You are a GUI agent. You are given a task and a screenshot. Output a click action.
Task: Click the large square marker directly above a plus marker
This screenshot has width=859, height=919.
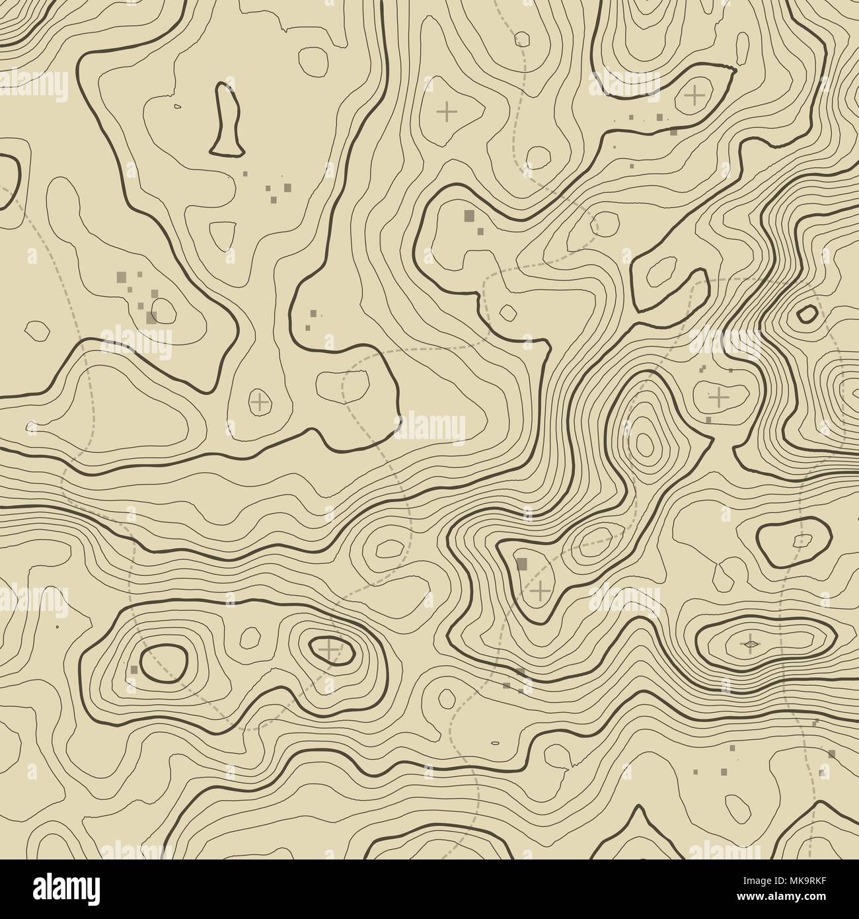coord(522,563)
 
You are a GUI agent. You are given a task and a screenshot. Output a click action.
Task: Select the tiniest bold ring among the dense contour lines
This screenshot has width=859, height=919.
coord(806,313)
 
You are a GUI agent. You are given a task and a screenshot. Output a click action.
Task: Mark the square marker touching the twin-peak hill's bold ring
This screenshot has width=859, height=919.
coord(133,669)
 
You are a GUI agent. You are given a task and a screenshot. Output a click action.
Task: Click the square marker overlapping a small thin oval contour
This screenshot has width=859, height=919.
coord(152,317)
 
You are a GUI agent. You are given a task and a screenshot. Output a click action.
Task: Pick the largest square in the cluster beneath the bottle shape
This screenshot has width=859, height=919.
coord(287,187)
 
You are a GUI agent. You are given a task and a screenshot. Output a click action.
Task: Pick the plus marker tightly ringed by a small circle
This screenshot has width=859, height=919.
coord(259,401)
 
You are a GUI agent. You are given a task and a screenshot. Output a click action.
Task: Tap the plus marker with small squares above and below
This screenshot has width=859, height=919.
coord(718,397)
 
